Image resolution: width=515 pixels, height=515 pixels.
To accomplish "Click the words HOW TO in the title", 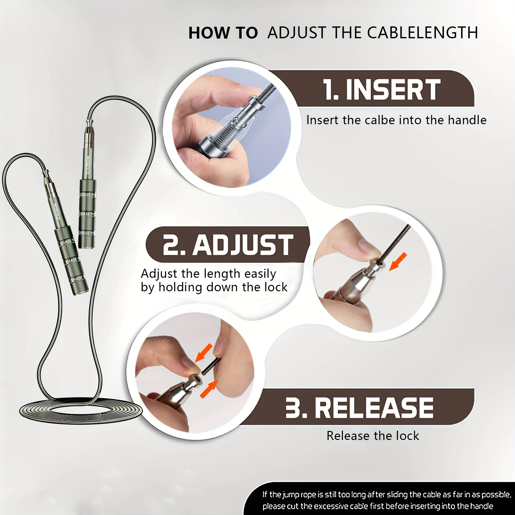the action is click(223, 33).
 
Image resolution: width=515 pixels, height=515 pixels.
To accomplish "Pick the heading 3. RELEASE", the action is click(359, 407).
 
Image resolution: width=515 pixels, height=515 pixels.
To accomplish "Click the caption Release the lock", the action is click(373, 436).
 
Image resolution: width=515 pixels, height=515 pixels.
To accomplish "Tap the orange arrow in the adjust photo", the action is click(398, 262).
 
